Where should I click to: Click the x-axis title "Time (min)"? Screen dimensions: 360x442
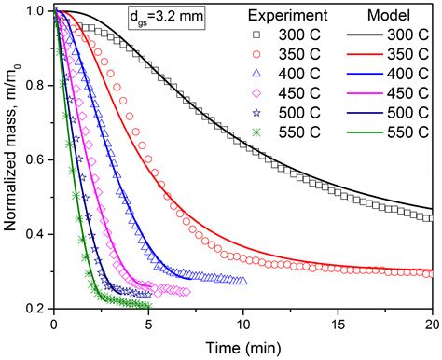243,346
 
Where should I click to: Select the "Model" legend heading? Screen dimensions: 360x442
390,18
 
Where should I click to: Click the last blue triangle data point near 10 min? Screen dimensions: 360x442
243,281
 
